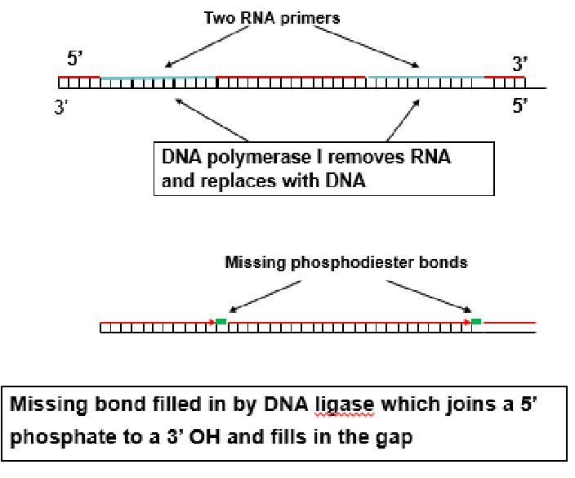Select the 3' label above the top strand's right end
pos(521,63)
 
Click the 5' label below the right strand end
pos(520,106)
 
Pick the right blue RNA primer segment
pos(426,77)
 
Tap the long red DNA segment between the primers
pos(292,77)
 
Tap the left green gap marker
pos(221,322)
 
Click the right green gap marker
pos(477,322)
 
